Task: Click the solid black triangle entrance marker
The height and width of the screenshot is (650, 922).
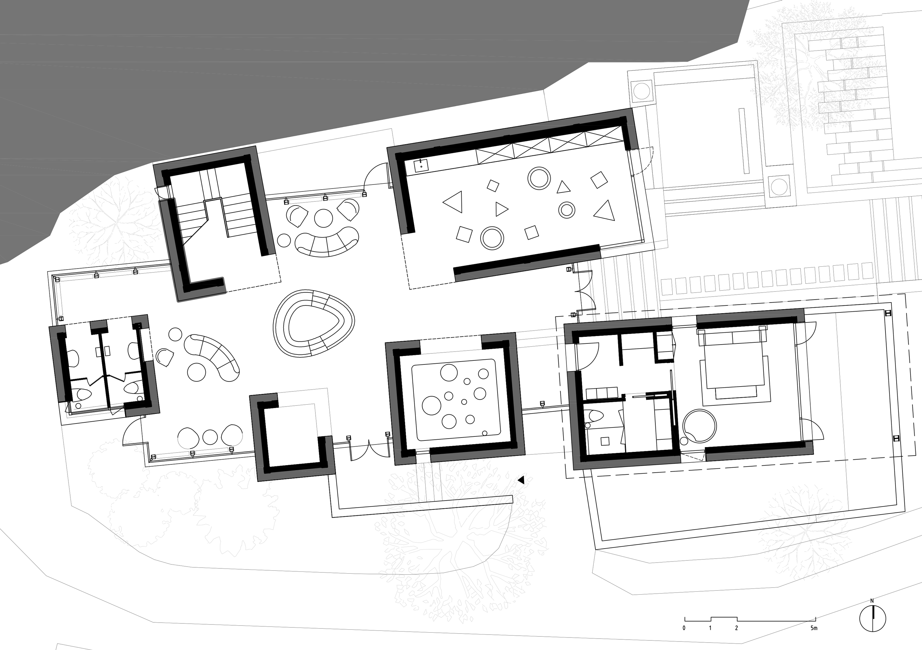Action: pos(521,480)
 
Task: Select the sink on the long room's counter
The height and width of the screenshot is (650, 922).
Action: pos(421,165)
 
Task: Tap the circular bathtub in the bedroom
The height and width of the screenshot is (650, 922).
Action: pos(699,425)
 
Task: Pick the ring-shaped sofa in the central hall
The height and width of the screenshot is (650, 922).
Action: pos(313,324)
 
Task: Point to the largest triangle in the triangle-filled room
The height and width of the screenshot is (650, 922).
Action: pos(454,201)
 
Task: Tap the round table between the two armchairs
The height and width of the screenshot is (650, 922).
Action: pos(323,218)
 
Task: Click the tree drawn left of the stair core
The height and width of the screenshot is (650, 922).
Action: pos(114,225)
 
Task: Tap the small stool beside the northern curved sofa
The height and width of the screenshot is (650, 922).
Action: pos(284,240)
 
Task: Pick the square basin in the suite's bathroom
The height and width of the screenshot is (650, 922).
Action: pos(605,442)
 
